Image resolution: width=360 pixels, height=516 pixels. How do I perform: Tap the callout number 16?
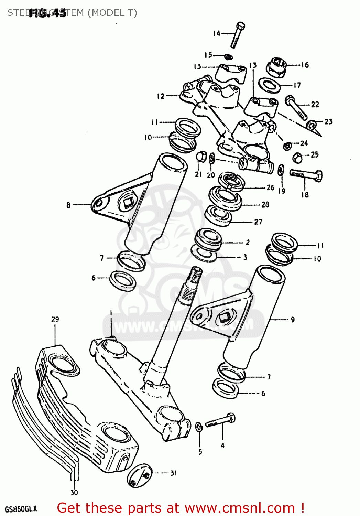[x=305, y=65]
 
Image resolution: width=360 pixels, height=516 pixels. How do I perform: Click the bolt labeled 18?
[x=306, y=175]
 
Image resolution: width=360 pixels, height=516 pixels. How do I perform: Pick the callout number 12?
[x=161, y=96]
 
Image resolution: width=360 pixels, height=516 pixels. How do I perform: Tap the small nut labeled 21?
[x=201, y=157]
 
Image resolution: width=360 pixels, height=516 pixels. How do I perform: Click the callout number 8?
[x=68, y=205]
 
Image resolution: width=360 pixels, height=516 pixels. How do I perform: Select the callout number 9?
[x=293, y=320]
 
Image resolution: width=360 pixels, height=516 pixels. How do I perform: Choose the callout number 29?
[x=55, y=319]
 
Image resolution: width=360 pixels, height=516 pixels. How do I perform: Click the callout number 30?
[x=74, y=493]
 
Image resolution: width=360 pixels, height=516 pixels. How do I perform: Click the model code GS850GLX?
[x=21, y=509]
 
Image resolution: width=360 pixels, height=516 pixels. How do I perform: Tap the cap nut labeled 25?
[x=297, y=158]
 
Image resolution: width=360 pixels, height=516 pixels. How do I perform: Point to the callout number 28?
[x=265, y=205]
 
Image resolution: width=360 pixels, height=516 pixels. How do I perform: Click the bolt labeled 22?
[x=296, y=107]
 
